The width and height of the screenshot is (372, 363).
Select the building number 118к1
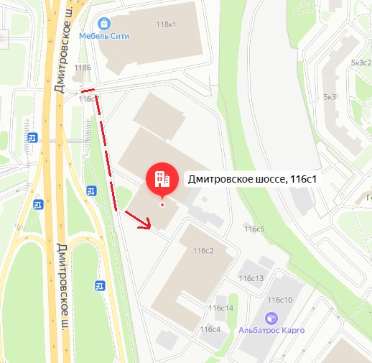(166, 24)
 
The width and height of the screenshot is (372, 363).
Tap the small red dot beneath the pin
(162, 204)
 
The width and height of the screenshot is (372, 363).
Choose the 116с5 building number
(254, 229)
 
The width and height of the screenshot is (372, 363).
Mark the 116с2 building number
(204, 251)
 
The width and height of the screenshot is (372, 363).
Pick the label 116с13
(251, 278)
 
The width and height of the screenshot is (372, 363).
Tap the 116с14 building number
(221, 308)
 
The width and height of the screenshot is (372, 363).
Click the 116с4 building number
(210, 329)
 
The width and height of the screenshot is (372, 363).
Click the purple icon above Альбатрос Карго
(271, 317)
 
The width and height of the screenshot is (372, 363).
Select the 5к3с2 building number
(360, 63)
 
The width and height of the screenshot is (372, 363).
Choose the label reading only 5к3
(330, 96)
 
